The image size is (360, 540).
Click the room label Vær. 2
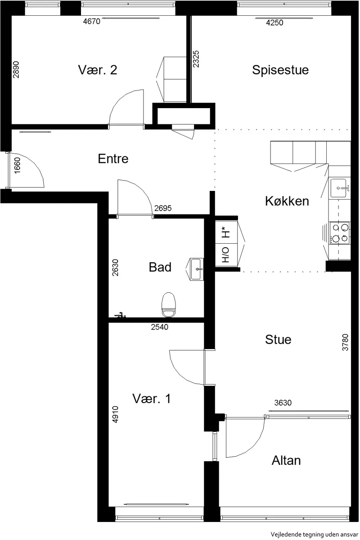click(x=97, y=70)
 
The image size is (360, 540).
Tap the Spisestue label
click(x=280, y=70)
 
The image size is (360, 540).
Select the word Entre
click(x=113, y=159)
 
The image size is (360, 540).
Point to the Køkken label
click(x=287, y=201)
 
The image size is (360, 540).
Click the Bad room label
click(x=160, y=267)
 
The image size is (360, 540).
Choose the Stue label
click(x=278, y=340)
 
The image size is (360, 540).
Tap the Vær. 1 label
click(x=152, y=399)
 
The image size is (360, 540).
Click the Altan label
click(x=286, y=460)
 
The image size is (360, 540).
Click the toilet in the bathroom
click(x=169, y=304)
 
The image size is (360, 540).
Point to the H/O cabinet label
click(x=225, y=255)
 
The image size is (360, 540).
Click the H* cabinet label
click(x=225, y=232)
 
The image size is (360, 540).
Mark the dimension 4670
click(x=91, y=22)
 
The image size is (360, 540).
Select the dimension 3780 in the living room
click(x=345, y=342)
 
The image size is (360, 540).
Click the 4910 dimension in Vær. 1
click(x=115, y=414)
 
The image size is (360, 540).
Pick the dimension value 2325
click(x=196, y=59)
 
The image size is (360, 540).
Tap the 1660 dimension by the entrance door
click(x=17, y=165)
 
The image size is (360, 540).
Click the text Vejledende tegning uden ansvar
click(x=315, y=535)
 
